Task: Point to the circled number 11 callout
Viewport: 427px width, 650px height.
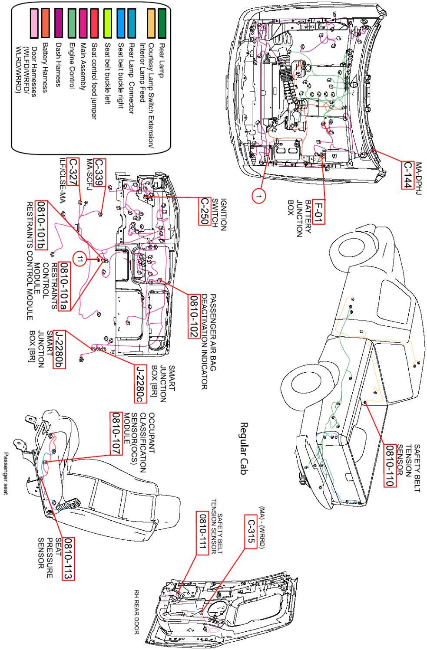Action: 80,259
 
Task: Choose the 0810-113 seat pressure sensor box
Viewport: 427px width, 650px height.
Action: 68,559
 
